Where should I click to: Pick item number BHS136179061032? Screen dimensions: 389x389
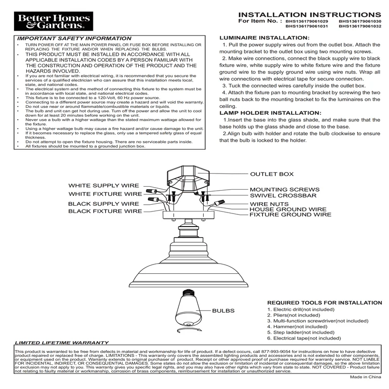[x=360, y=27]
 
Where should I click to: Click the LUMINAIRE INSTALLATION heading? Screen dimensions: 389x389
[x=263, y=37]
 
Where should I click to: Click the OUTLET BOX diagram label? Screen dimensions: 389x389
[x=272, y=174]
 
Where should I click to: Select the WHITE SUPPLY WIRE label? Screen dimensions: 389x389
[x=103, y=186]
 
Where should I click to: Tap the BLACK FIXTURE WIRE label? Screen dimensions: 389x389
[x=105, y=211]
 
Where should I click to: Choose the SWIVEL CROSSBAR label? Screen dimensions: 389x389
[x=283, y=195]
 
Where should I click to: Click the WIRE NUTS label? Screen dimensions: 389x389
[x=270, y=204]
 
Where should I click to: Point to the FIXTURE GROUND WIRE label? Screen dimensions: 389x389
[x=290, y=214]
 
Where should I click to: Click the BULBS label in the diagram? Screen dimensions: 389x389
[x=223, y=311]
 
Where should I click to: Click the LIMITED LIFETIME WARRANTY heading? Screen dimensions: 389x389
[x=62, y=343]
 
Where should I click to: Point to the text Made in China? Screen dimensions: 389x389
[x=366, y=377]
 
